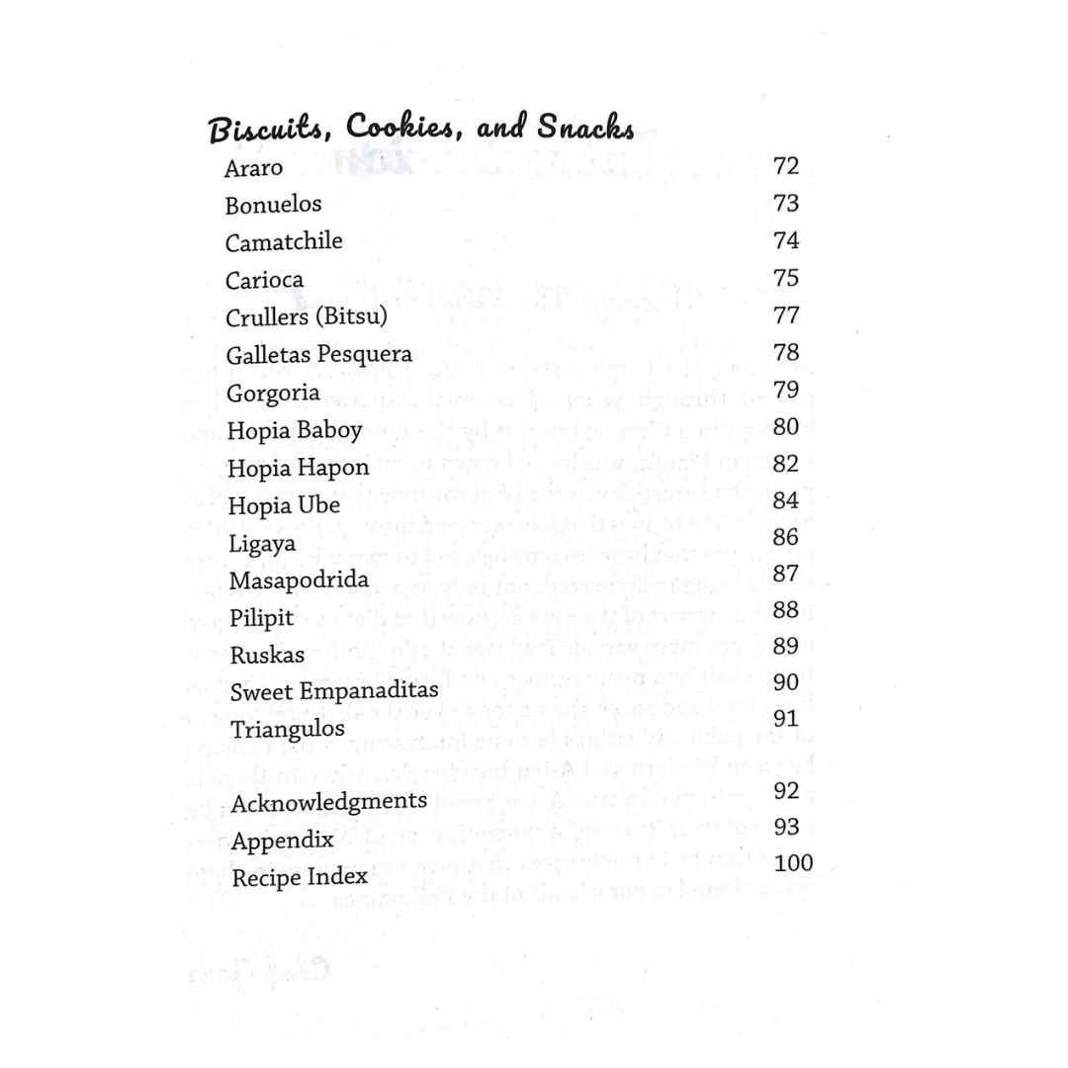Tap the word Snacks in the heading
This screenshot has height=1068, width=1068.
tap(585, 129)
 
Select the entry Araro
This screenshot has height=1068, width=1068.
tap(254, 169)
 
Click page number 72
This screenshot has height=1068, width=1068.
tap(786, 166)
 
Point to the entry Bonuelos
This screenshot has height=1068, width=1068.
tap(273, 206)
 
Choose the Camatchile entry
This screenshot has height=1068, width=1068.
tap(284, 242)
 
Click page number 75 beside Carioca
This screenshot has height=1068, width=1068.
tap(786, 278)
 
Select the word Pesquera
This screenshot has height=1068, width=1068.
tap(363, 355)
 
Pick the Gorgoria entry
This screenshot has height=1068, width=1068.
tap(273, 393)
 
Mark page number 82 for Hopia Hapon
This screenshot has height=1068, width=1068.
tap(786, 464)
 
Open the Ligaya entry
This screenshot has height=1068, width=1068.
tap(262, 544)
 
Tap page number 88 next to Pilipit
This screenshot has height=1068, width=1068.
tap(786, 611)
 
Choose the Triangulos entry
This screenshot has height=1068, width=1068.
tap(288, 730)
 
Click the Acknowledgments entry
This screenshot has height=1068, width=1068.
tap(329, 801)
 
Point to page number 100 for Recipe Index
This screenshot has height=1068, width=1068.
tap(794, 863)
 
